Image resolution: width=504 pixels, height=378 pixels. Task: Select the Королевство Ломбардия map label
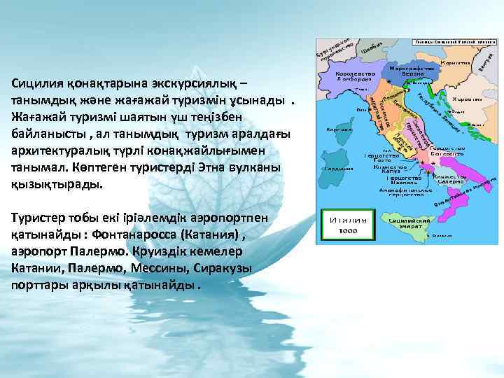point(356,76)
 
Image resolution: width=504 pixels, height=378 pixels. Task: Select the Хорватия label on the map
point(465,99)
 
